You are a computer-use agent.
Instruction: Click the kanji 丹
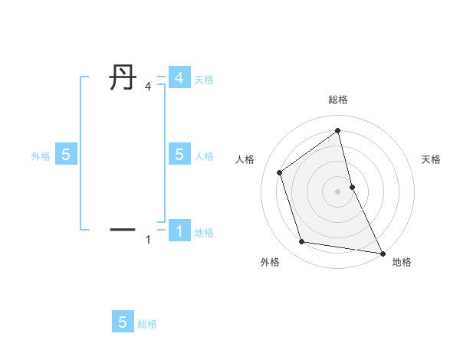point(122,78)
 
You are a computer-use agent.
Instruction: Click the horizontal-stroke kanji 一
point(122,229)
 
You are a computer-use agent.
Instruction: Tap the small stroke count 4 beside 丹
point(148,87)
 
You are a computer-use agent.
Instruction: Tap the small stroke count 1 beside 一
point(148,240)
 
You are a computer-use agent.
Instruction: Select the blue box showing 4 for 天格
point(179,78)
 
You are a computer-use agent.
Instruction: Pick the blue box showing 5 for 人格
point(179,155)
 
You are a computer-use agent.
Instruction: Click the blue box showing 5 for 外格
point(66,155)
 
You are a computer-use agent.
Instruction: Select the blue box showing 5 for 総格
point(123,322)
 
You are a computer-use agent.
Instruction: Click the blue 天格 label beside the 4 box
point(204,79)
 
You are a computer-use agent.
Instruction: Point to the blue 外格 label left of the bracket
point(41,155)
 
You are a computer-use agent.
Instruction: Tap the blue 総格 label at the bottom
point(147,324)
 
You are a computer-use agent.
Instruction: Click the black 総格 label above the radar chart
point(338,100)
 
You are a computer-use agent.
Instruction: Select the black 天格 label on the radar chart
point(431,159)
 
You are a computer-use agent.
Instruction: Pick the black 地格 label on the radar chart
point(402,262)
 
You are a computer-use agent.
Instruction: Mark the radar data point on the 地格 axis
point(383,253)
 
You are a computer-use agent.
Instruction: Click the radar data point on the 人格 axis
point(280,172)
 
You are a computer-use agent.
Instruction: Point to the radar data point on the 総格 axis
point(338,130)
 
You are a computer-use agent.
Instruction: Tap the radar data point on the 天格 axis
point(353,186)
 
